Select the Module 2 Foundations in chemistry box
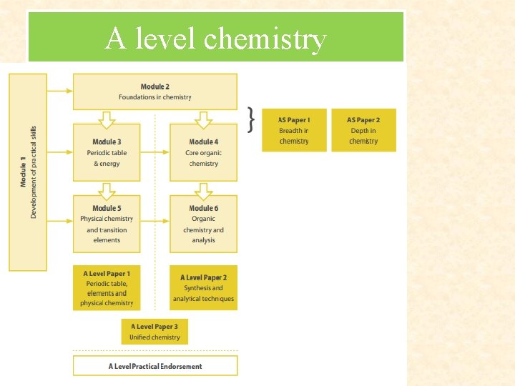coord(154,91)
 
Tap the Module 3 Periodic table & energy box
coord(107,152)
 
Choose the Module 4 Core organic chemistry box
coord(203,152)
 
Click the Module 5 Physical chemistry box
coord(107,224)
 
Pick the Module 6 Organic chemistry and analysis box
coord(203,224)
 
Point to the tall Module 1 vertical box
coord(28,172)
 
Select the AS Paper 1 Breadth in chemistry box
coord(294,130)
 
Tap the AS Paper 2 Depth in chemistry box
coord(363,130)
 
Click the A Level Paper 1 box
coord(107,287)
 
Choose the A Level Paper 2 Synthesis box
coord(203,287)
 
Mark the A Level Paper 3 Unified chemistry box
coord(154,332)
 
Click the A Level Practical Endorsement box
coord(154,366)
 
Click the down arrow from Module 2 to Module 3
coord(107,117)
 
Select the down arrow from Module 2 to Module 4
coord(204,117)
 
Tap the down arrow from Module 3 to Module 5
coord(107,190)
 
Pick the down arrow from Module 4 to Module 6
coord(204,190)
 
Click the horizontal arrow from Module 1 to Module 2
coord(60,91)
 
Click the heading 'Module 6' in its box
coord(204,208)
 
